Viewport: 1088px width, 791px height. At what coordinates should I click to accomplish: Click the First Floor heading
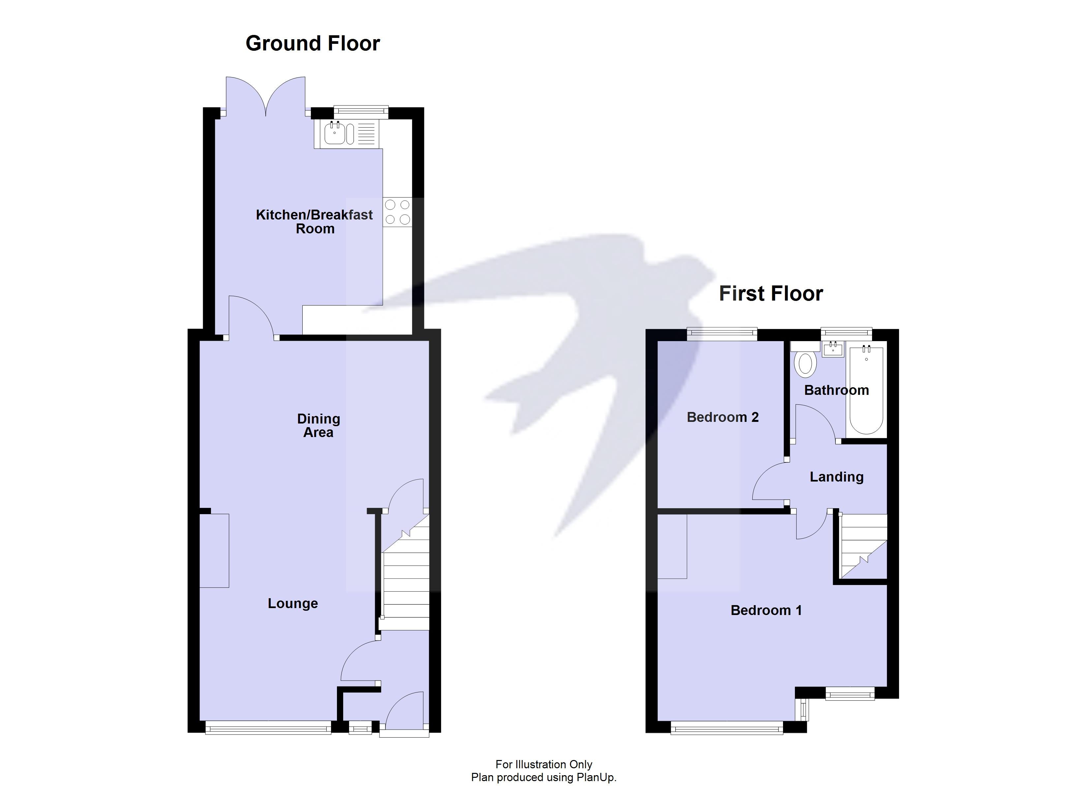coord(771,294)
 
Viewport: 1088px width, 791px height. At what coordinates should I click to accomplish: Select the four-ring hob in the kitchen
coord(397,212)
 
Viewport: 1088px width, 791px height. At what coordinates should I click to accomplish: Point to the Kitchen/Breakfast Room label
coord(314,221)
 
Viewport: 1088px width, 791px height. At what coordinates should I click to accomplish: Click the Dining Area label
coord(318,425)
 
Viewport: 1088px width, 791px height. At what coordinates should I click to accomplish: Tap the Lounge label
coord(293,603)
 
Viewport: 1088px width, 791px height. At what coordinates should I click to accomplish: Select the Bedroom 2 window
coord(722,334)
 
